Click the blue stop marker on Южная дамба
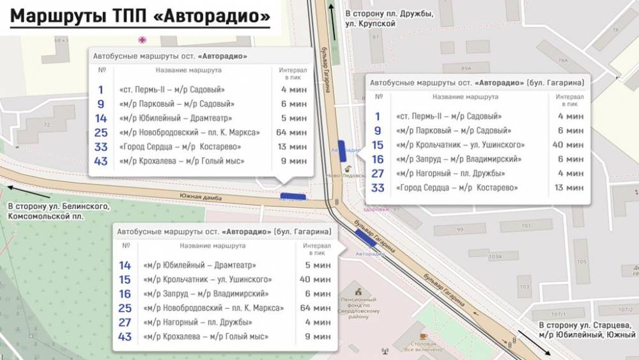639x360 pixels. (x=293, y=196)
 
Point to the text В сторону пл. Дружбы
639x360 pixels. (x=389, y=13)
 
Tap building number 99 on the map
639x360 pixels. (x=459, y=229)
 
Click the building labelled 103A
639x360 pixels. (x=495, y=256)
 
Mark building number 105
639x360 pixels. (x=581, y=262)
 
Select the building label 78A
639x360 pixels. (x=563, y=61)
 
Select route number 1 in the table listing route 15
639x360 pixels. (x=377, y=116)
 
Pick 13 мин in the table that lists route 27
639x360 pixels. (x=569, y=187)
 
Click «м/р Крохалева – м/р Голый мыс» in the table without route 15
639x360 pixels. (x=181, y=161)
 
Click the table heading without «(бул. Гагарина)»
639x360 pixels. (x=170, y=56)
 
